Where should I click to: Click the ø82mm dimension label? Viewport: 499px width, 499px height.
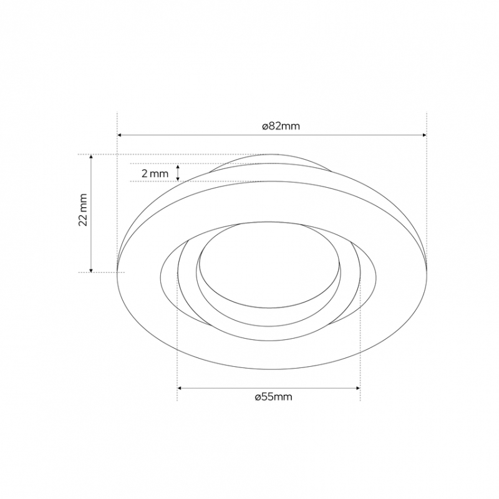tap(281, 127)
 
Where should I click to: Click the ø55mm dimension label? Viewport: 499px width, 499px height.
tap(273, 397)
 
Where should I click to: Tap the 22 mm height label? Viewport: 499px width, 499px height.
tap(83, 210)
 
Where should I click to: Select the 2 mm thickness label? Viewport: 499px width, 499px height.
tap(155, 174)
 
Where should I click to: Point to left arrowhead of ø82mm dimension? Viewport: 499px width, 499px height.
tap(120, 135)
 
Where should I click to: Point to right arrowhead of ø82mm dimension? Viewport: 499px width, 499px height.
tap(424, 135)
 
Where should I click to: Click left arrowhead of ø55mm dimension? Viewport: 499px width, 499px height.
tap(180, 388)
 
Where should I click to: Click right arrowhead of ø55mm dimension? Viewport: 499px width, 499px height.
tap(358, 388)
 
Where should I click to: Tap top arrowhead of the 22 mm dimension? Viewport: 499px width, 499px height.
tap(91, 157)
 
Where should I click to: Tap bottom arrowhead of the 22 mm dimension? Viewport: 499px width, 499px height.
tap(91, 270)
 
